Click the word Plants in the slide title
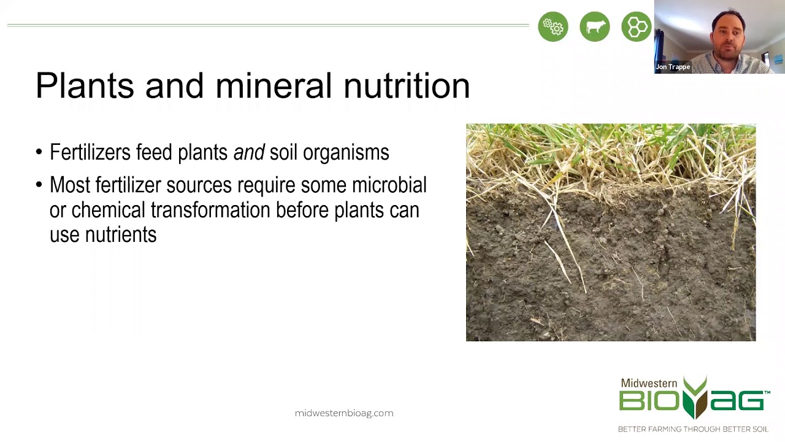(x=85, y=85)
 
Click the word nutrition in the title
(x=406, y=85)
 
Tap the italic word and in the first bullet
(x=248, y=152)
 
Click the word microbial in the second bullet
(x=389, y=185)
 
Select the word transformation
(x=210, y=210)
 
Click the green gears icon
(x=553, y=27)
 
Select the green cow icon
(x=595, y=27)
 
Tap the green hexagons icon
(x=636, y=27)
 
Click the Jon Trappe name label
(x=673, y=67)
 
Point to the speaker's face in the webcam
(x=728, y=38)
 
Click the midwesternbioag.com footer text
(x=344, y=413)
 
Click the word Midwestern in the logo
(x=649, y=383)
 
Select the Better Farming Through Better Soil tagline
(x=693, y=428)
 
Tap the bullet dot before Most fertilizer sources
(x=39, y=185)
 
